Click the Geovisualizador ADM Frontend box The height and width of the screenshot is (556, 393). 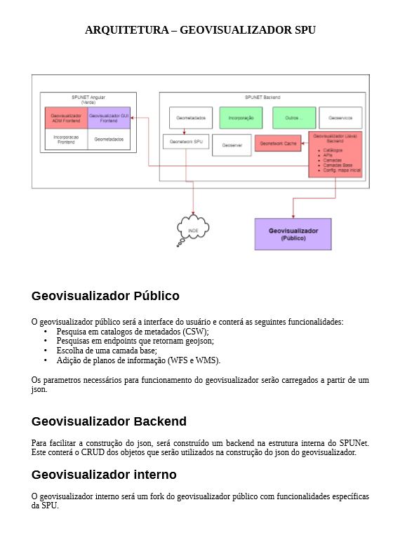point(67,118)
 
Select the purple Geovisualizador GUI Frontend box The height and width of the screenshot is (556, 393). point(109,118)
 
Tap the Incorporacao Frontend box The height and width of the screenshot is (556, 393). point(67,140)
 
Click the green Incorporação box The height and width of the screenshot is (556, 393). point(241,118)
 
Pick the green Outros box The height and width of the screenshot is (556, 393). point(294,118)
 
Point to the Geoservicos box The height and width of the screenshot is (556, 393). point(341,118)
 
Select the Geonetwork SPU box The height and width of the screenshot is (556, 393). point(186,142)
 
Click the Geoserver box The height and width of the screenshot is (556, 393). point(230,145)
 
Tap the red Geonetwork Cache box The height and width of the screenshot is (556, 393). point(278,144)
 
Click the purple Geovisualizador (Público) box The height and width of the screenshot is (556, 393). point(293,234)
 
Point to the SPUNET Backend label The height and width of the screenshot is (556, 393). point(262,97)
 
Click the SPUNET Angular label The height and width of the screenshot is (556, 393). point(88,97)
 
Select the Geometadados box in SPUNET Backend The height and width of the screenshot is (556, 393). point(190,118)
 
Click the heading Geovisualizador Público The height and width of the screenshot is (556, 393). point(105,296)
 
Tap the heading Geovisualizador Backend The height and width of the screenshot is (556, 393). point(109,421)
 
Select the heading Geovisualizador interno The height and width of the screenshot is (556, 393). point(104,475)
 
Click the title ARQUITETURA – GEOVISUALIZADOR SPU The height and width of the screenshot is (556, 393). point(200,30)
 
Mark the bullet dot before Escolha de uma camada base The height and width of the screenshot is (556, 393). point(46,351)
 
